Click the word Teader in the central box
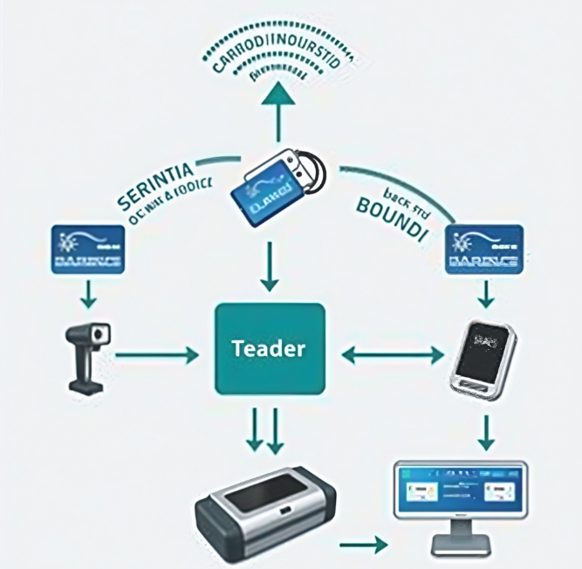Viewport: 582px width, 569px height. (x=269, y=348)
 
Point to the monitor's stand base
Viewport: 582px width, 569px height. (x=459, y=550)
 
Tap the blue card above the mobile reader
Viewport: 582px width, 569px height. (x=483, y=249)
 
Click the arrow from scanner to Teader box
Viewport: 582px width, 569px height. (x=157, y=355)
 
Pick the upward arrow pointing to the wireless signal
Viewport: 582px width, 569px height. (x=277, y=110)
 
